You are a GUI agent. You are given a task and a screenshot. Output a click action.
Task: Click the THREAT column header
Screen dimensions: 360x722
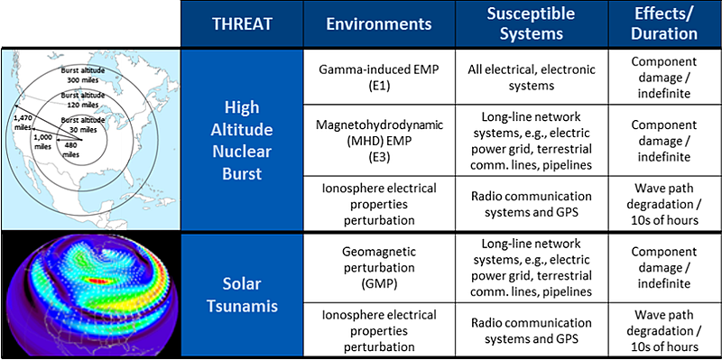click(x=237, y=25)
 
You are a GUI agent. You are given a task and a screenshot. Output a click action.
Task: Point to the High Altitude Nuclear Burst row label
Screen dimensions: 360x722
click(x=237, y=140)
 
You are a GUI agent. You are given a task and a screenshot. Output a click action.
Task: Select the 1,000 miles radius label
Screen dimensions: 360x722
click(x=43, y=141)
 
